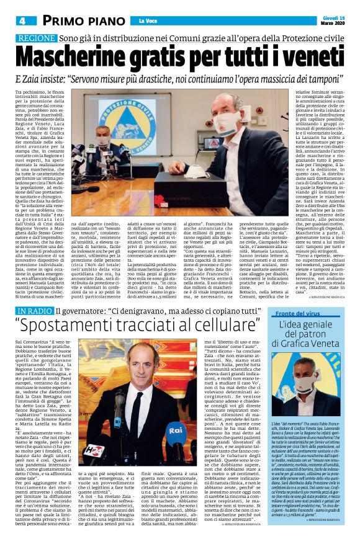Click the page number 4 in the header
[x=22, y=20]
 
